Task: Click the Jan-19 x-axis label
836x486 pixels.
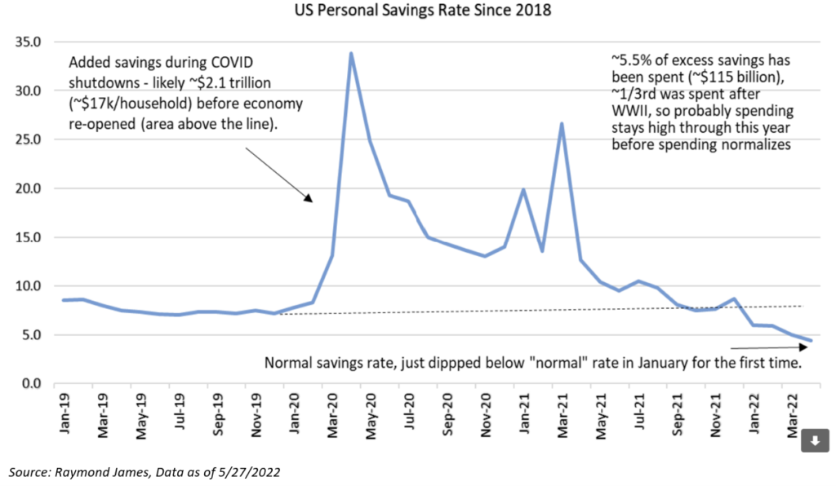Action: (x=66, y=413)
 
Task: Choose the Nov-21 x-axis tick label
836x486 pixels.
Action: (x=715, y=413)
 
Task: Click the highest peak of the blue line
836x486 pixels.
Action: (x=351, y=54)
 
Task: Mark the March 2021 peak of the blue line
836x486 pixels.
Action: (x=562, y=124)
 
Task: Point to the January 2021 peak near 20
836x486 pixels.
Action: (x=523, y=190)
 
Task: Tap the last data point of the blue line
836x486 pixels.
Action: (x=810, y=341)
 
